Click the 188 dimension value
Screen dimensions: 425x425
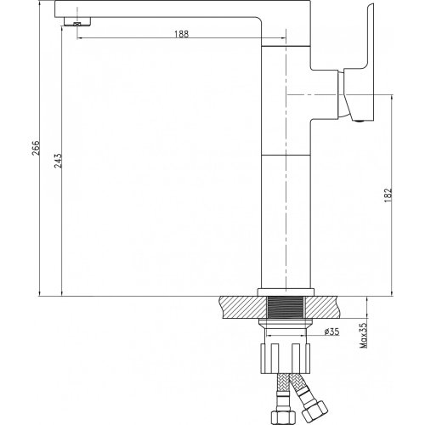181,34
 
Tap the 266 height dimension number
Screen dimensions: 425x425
36,148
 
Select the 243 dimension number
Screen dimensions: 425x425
58,161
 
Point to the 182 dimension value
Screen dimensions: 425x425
388,195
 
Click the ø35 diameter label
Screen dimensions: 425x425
331,331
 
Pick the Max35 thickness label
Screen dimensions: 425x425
363,336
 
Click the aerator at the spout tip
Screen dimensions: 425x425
77,22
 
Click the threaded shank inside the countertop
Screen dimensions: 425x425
286,307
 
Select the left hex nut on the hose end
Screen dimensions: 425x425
279,417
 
